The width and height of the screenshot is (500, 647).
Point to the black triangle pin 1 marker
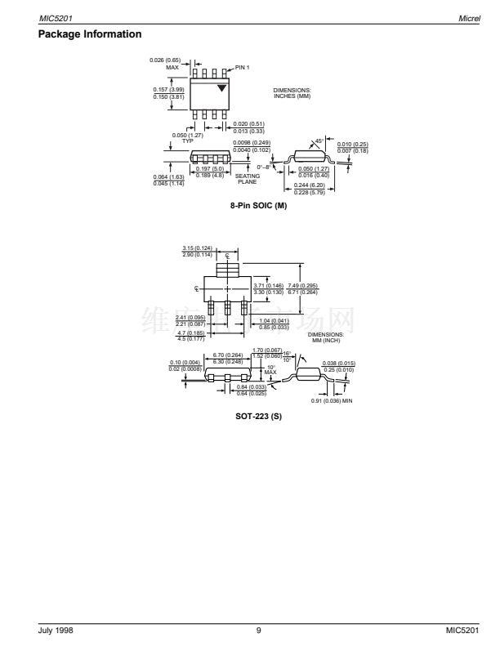pos(221,87)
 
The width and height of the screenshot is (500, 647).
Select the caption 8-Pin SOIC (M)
pos(259,205)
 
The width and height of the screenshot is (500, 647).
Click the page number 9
pos(257,630)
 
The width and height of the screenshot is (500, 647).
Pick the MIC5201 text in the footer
pos(464,630)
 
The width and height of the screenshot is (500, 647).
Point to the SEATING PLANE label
pos(248,179)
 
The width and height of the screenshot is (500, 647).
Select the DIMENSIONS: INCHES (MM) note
pos(292,93)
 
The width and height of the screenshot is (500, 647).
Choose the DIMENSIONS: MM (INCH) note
pos(325,337)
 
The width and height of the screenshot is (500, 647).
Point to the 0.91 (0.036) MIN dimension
pos(333,400)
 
